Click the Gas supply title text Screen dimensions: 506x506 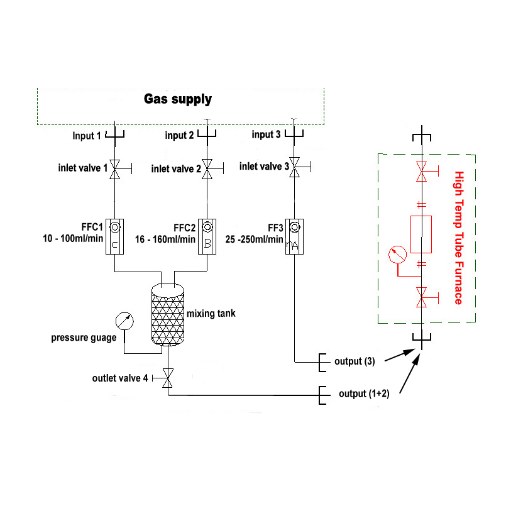click(178, 99)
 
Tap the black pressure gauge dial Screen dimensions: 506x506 click(124, 321)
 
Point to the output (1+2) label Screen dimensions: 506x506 click(364, 393)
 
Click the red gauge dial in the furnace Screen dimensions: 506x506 click(397, 255)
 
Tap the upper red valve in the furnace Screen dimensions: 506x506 click(421, 170)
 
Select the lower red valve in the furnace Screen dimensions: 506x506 click(421, 297)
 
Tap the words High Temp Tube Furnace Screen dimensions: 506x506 click(458, 238)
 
